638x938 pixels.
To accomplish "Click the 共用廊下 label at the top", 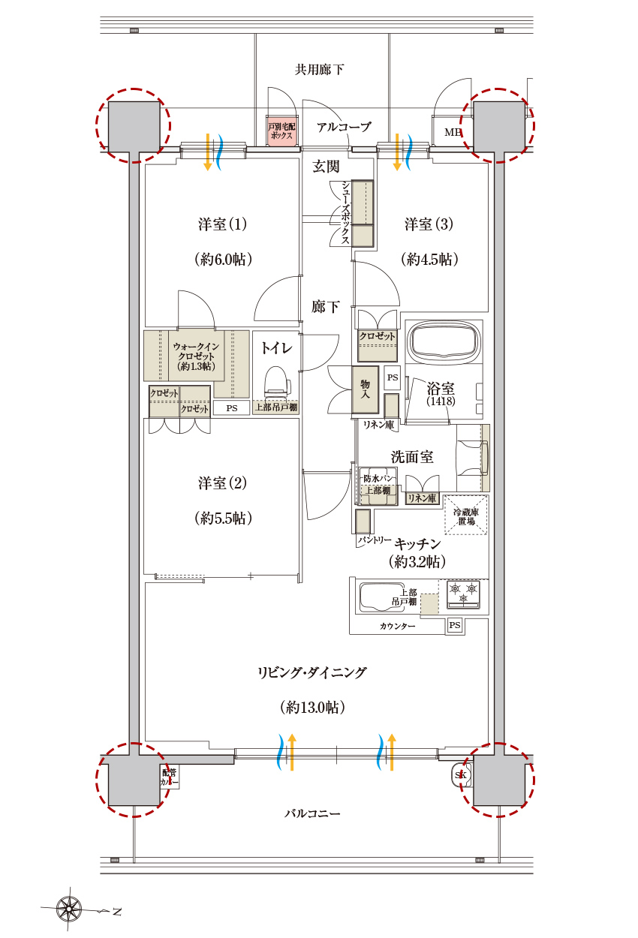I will [319, 70].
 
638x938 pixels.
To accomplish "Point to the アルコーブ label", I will [344, 128].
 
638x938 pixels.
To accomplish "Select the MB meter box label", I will [453, 133].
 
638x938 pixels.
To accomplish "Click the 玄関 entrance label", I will [326, 167].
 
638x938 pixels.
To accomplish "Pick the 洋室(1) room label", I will [223, 224].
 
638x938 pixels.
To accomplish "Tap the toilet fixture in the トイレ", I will [277, 380].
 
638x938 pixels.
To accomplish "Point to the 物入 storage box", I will [365, 390].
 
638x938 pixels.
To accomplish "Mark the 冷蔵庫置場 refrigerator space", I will [465, 515].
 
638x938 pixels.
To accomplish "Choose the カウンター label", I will [398, 625].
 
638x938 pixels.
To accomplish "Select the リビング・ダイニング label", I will [311, 673].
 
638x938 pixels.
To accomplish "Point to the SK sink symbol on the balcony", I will [461, 774].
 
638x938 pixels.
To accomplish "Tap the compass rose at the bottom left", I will [69, 910].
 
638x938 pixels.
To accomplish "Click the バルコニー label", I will [312, 813].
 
